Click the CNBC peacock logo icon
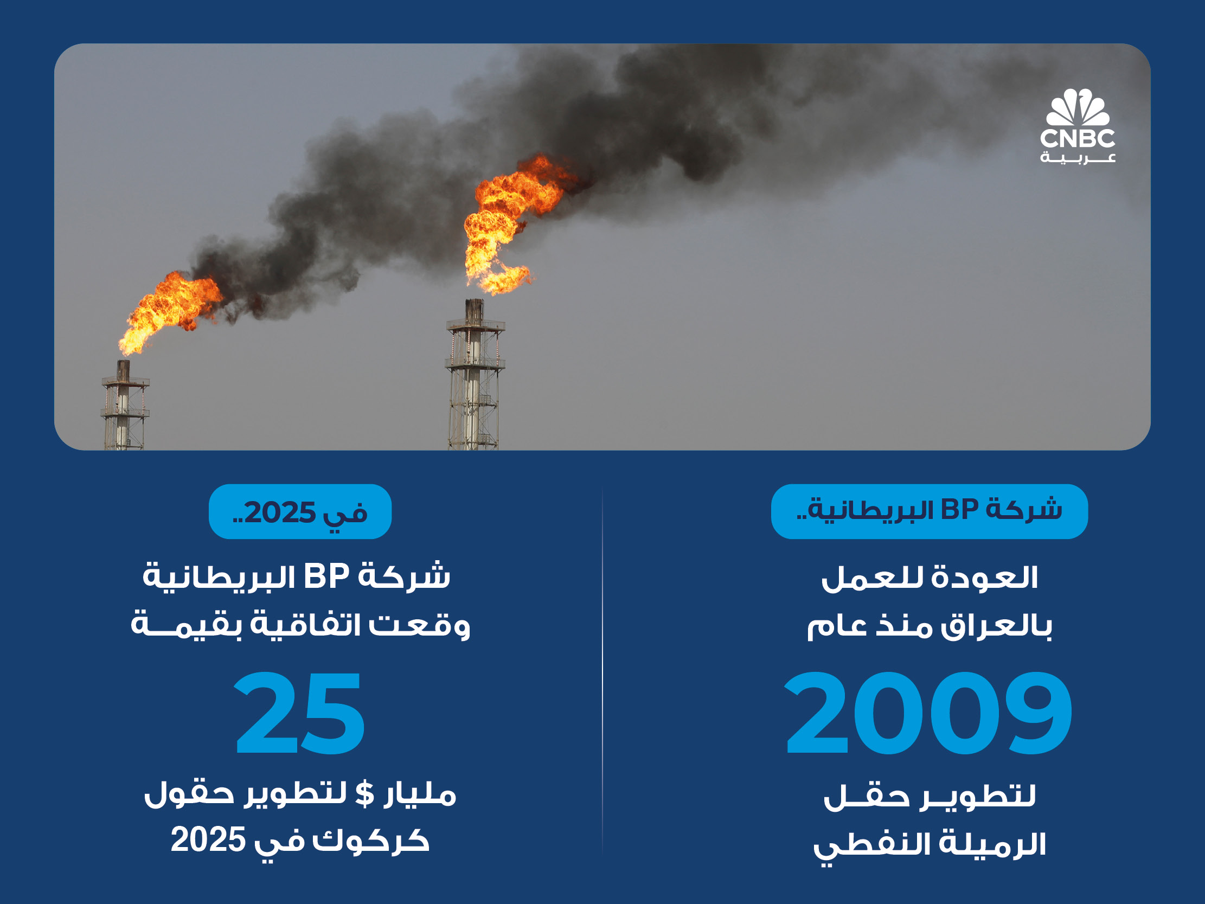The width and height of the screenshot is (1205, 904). [1078, 107]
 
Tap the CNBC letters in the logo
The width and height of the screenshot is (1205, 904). [1078, 138]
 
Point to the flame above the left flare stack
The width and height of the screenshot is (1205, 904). [169, 311]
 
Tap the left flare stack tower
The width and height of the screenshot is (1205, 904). [124, 406]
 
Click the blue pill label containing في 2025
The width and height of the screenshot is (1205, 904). [300, 512]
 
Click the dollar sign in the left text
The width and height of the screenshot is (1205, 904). [364, 794]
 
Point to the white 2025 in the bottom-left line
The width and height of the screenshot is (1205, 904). [209, 839]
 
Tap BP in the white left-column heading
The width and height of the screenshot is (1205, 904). [326, 576]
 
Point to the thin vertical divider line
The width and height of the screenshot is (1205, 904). [602, 671]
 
